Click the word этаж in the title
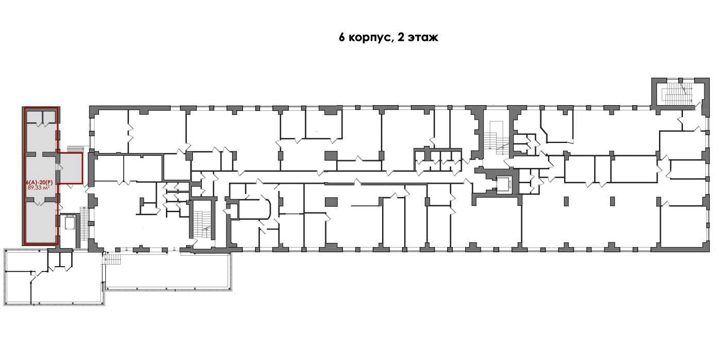click(422, 38)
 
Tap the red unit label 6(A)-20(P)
click(39, 183)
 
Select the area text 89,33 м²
click(39, 188)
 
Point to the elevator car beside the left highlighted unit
click(70, 223)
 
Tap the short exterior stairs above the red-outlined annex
click(75, 149)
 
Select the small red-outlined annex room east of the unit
click(70, 169)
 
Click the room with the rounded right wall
click(254, 209)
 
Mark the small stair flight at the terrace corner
click(113, 259)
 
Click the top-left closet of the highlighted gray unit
click(34, 117)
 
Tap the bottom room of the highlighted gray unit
click(41, 222)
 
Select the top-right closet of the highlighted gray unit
click(50, 117)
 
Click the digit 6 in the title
click(341, 38)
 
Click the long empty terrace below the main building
click(168, 271)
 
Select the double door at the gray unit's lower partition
click(40, 202)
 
